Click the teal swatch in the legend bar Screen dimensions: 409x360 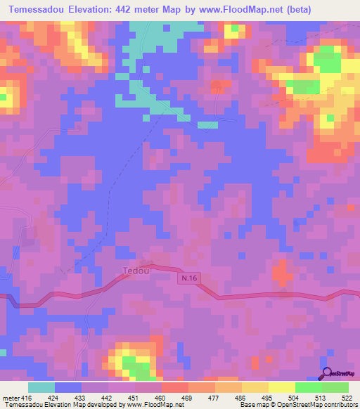(41, 387)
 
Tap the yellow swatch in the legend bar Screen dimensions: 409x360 (281, 387)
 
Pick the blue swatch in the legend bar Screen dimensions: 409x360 (68, 387)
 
